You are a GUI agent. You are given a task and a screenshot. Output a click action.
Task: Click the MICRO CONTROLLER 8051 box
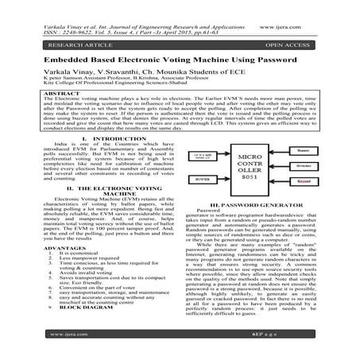pyautogui.click(x=244, y=167)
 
